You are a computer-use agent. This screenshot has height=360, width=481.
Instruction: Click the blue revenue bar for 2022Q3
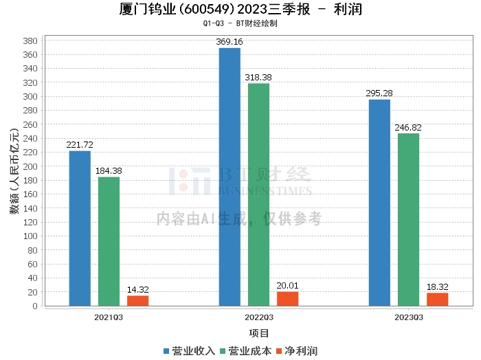230,177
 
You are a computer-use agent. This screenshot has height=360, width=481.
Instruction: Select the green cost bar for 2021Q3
109,242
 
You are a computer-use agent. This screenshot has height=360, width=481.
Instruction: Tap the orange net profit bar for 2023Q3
438,300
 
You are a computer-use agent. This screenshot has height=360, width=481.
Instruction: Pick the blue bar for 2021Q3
80,229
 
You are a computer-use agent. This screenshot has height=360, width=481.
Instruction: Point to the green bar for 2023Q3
409,220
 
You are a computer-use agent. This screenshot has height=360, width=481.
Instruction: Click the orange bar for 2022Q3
288,299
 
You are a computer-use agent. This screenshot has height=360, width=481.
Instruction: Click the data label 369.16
230,42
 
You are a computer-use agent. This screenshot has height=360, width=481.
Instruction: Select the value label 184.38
109,171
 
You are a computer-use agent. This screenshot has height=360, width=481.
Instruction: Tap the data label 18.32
438,287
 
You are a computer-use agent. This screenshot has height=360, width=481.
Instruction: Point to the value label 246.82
408,127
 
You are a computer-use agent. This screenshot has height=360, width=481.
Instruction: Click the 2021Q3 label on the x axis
109,317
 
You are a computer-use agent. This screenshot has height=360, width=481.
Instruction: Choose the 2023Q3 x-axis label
409,317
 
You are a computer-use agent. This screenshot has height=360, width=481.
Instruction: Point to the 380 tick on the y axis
30,41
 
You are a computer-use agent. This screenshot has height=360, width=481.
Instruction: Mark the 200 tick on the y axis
30,166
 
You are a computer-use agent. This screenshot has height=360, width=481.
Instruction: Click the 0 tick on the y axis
35,306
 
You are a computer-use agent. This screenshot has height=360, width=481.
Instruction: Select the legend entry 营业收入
189,351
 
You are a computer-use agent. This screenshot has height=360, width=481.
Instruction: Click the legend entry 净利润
297,351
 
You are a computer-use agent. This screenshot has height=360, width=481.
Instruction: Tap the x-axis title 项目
259,333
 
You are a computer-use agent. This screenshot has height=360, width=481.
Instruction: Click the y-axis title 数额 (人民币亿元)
14,171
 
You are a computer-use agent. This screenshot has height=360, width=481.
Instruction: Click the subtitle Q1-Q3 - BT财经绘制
240,23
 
